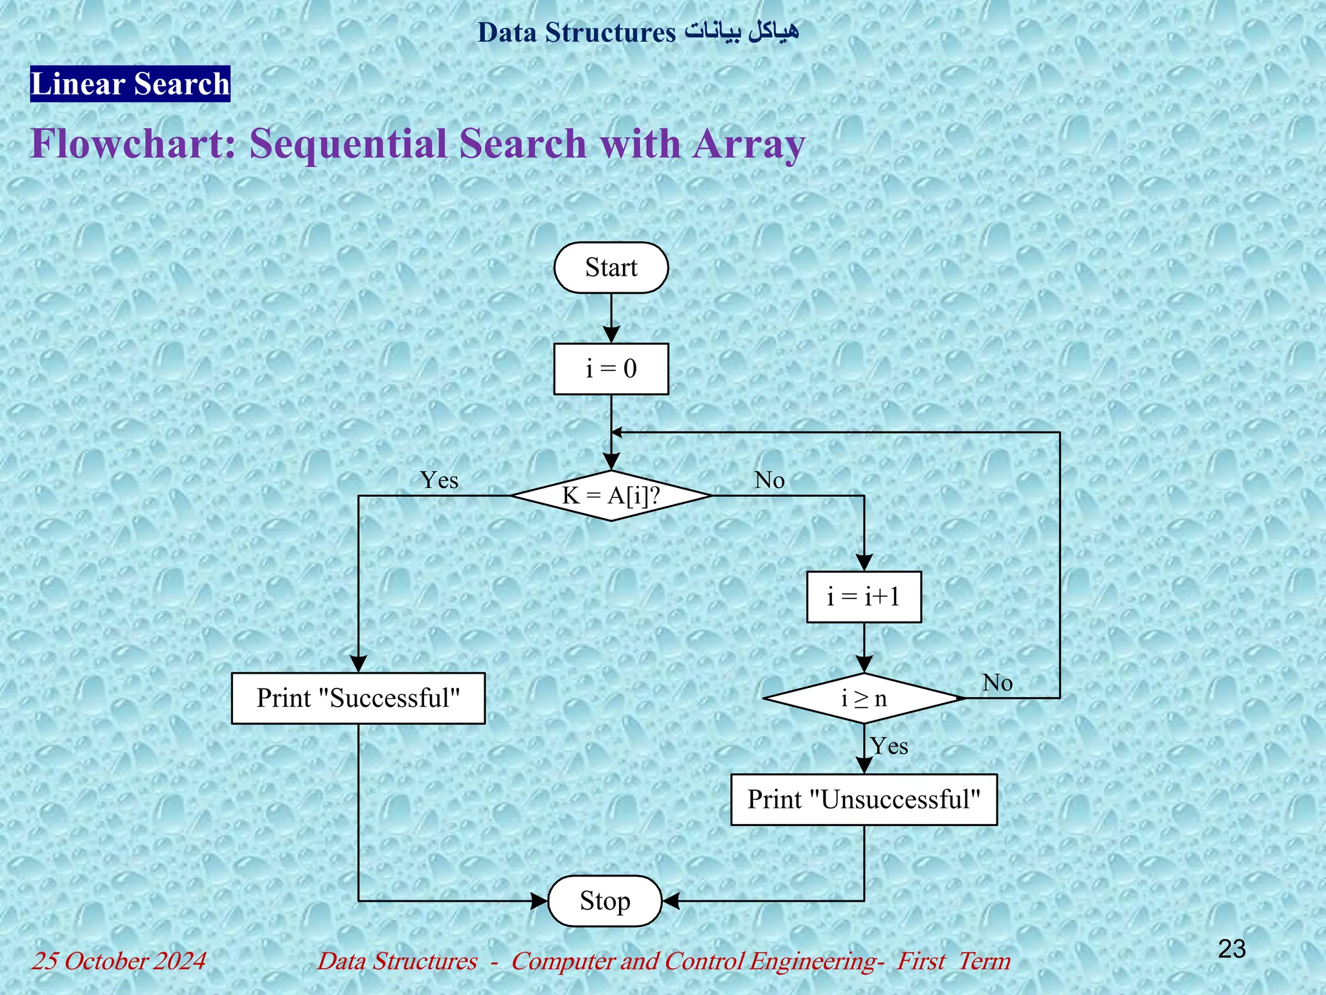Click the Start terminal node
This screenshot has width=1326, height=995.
click(x=611, y=268)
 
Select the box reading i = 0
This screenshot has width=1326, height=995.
click(x=611, y=369)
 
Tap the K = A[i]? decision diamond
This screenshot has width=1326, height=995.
click(x=611, y=496)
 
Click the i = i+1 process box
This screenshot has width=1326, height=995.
click(x=863, y=597)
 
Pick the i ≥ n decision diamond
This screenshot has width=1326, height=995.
click(x=863, y=698)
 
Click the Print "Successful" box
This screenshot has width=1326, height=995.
click(x=358, y=698)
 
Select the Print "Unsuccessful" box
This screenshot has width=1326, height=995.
click(x=863, y=799)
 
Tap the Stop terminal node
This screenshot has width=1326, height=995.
click(x=605, y=901)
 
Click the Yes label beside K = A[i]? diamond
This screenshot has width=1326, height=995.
click(x=439, y=480)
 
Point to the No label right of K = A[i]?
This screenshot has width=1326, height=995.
click(x=769, y=480)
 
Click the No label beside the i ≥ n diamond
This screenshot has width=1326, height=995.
click(x=997, y=683)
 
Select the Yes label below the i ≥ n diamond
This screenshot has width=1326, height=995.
click(x=889, y=746)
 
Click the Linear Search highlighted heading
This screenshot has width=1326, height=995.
click(x=130, y=84)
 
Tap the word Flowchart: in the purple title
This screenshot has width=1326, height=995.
click(x=133, y=143)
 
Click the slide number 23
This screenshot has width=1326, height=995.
click(x=1231, y=949)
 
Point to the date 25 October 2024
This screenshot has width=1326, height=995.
click(x=119, y=961)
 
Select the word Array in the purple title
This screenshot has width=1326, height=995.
click(x=749, y=143)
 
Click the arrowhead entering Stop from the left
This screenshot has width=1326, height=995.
click(x=539, y=901)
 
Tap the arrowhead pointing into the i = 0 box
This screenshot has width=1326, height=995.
click(x=611, y=335)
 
